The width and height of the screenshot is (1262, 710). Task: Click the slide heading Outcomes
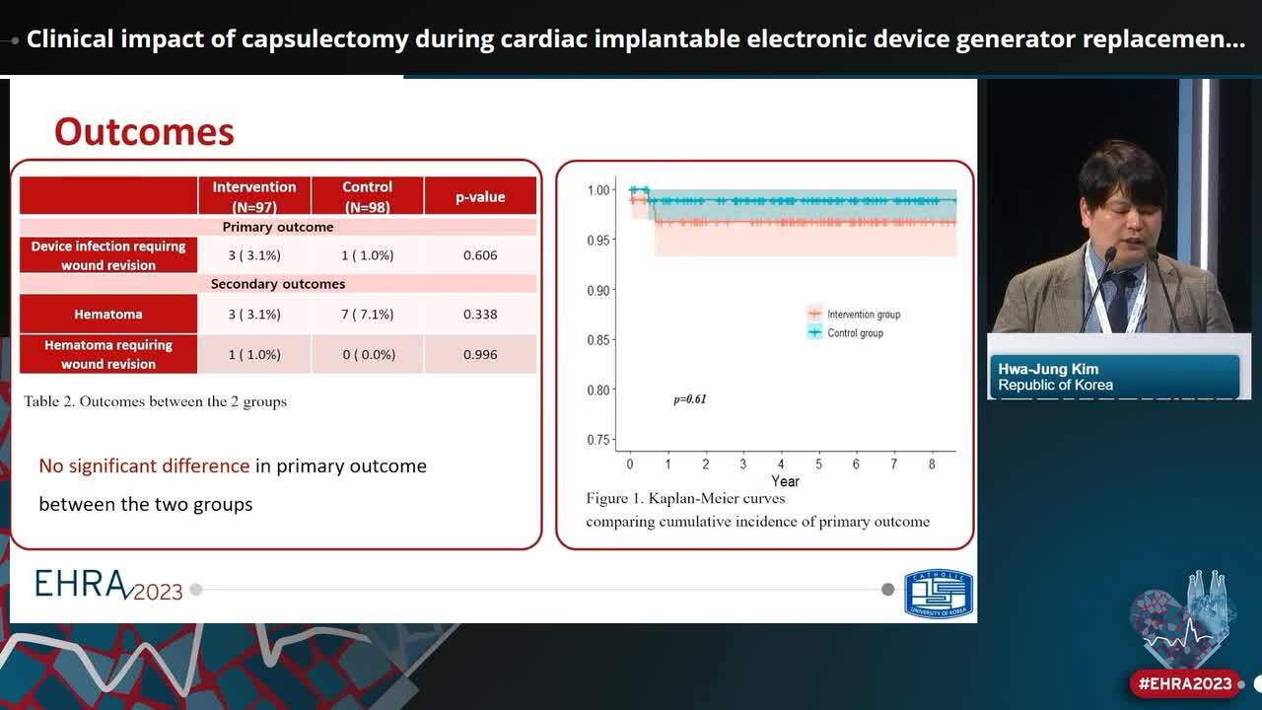click(144, 132)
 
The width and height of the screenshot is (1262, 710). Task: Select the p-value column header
click(480, 197)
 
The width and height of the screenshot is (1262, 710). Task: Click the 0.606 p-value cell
click(480, 255)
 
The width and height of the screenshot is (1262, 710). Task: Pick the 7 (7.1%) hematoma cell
click(368, 315)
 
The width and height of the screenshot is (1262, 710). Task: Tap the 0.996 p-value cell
click(480, 354)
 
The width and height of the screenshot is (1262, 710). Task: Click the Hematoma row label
click(108, 315)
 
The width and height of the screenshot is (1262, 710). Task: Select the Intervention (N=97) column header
click(254, 196)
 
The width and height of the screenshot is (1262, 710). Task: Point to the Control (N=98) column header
click(367, 196)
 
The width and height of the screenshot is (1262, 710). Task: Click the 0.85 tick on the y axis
click(598, 340)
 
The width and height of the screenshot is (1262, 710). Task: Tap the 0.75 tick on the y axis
click(598, 440)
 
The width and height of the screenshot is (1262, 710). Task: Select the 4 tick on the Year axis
click(781, 463)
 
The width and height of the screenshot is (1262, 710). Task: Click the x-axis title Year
click(785, 481)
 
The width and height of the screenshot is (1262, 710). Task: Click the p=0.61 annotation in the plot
click(690, 399)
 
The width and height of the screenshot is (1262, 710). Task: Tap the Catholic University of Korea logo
click(939, 595)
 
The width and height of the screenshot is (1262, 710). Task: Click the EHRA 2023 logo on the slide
click(108, 586)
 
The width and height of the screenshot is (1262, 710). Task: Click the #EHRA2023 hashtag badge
click(1185, 683)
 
